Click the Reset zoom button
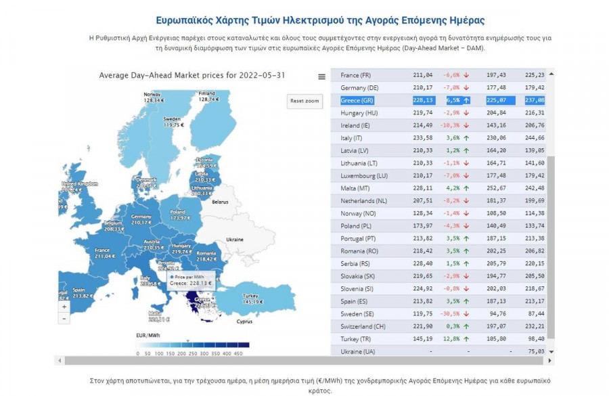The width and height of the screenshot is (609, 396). coord(304,101)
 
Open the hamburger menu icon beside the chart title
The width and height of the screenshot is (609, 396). coord(321,76)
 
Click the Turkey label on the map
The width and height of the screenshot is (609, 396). coord(250,296)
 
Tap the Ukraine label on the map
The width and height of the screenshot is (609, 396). coord(234,240)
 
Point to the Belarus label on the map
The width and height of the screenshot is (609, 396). coord(220,202)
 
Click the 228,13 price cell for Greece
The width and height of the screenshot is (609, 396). coord(423,100)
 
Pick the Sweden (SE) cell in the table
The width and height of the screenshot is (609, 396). coord(358,314)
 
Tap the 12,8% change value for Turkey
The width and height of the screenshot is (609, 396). coord(451,339)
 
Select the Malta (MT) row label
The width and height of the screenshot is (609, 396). coord(356,188)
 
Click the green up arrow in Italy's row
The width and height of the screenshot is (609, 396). coord(466,138)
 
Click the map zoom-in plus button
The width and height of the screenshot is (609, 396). coord(64,307)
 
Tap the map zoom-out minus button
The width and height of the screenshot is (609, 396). coord(64,318)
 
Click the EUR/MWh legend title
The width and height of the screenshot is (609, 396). coord(147,335)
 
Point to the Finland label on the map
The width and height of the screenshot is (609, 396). coord(206,93)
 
